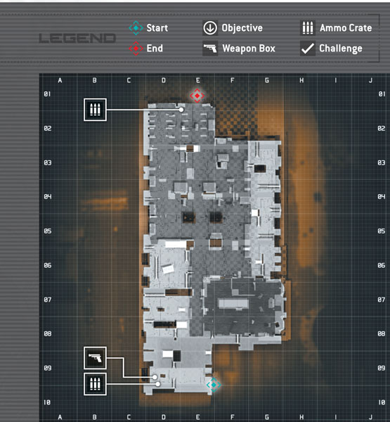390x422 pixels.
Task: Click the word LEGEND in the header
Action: (x=77, y=39)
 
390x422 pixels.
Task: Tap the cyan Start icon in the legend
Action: (x=136, y=28)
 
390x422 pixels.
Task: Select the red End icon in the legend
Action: (x=136, y=49)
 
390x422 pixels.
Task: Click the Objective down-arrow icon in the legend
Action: (x=210, y=28)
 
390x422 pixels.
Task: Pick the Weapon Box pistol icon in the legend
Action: (x=210, y=49)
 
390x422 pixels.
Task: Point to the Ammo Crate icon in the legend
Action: (x=308, y=28)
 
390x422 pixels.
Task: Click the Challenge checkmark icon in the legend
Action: (x=308, y=49)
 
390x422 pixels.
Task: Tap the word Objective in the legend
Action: (x=242, y=28)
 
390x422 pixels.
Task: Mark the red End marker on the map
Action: (x=197, y=96)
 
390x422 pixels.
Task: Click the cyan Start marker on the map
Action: (x=214, y=385)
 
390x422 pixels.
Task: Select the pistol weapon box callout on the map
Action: (x=95, y=358)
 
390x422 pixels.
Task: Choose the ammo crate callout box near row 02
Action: (x=95, y=110)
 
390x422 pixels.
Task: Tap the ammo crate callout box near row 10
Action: (x=95, y=384)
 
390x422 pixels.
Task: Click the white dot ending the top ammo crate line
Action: (x=181, y=110)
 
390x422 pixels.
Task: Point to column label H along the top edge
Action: (x=301, y=80)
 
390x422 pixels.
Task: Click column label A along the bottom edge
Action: (x=60, y=417)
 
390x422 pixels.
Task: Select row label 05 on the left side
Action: (x=48, y=231)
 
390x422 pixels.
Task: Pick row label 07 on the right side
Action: (x=382, y=300)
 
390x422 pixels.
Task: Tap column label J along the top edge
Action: (x=370, y=80)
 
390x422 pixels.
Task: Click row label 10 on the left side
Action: (x=47, y=402)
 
